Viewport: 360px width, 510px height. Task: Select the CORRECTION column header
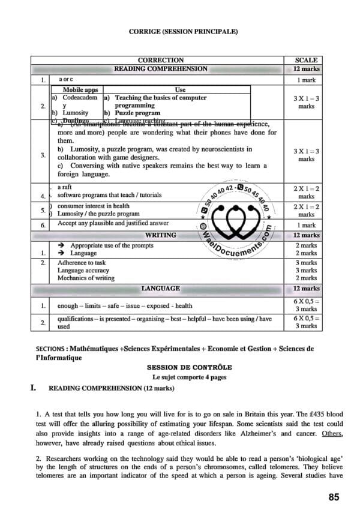tap(161, 60)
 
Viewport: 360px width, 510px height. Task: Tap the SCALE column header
tap(306, 60)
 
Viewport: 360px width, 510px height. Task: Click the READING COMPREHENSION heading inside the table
tap(161, 69)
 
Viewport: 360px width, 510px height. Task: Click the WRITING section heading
tap(160, 235)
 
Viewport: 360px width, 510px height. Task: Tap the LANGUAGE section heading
tap(160, 289)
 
